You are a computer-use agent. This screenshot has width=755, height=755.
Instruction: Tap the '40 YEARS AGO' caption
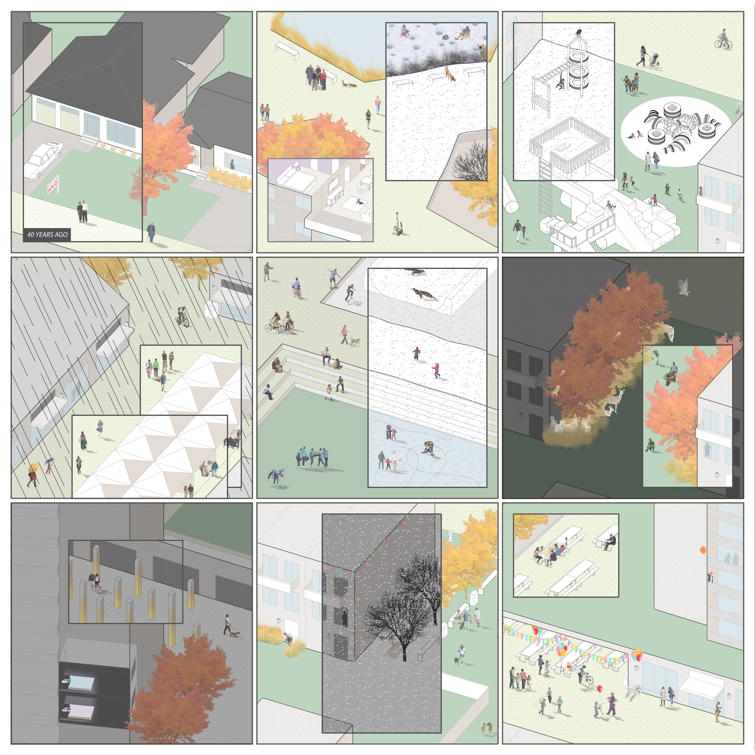click(x=47, y=235)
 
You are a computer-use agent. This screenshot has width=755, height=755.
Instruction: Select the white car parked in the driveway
click(x=43, y=160)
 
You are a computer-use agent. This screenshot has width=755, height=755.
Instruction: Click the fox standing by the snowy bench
click(x=450, y=74)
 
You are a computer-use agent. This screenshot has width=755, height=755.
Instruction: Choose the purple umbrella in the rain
click(x=49, y=461)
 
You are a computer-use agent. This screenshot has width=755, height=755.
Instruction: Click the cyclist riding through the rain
click(x=183, y=317)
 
